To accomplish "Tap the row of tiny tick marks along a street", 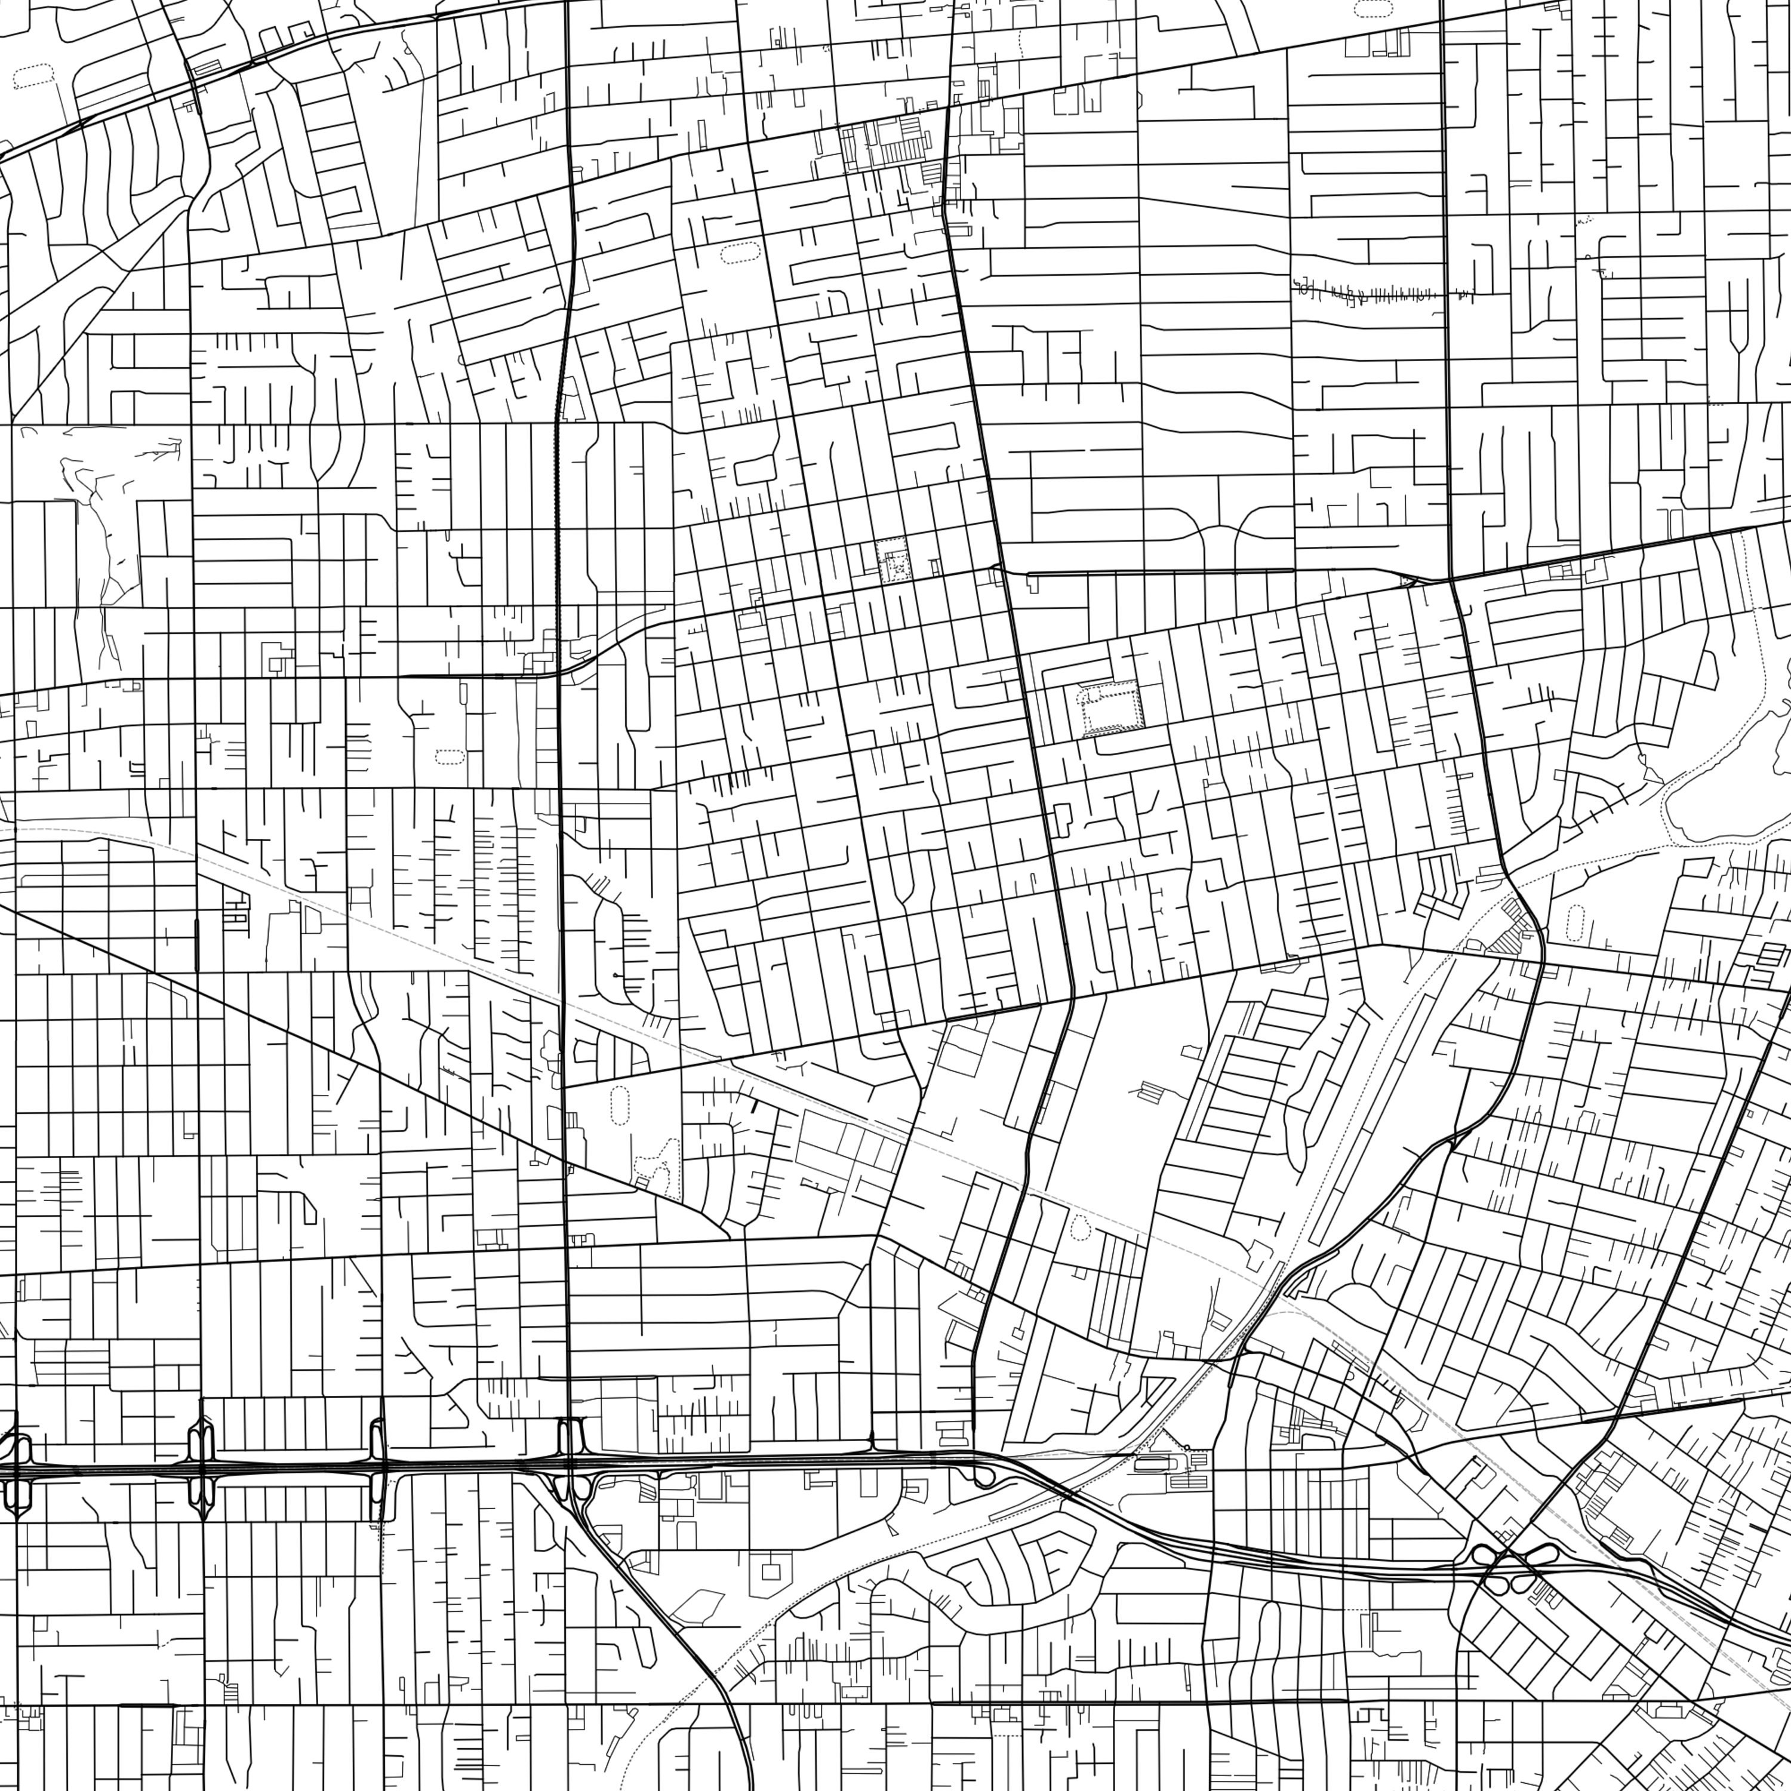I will coord(1372,295).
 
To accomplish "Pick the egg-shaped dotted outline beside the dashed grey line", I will coord(1079,1228).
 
